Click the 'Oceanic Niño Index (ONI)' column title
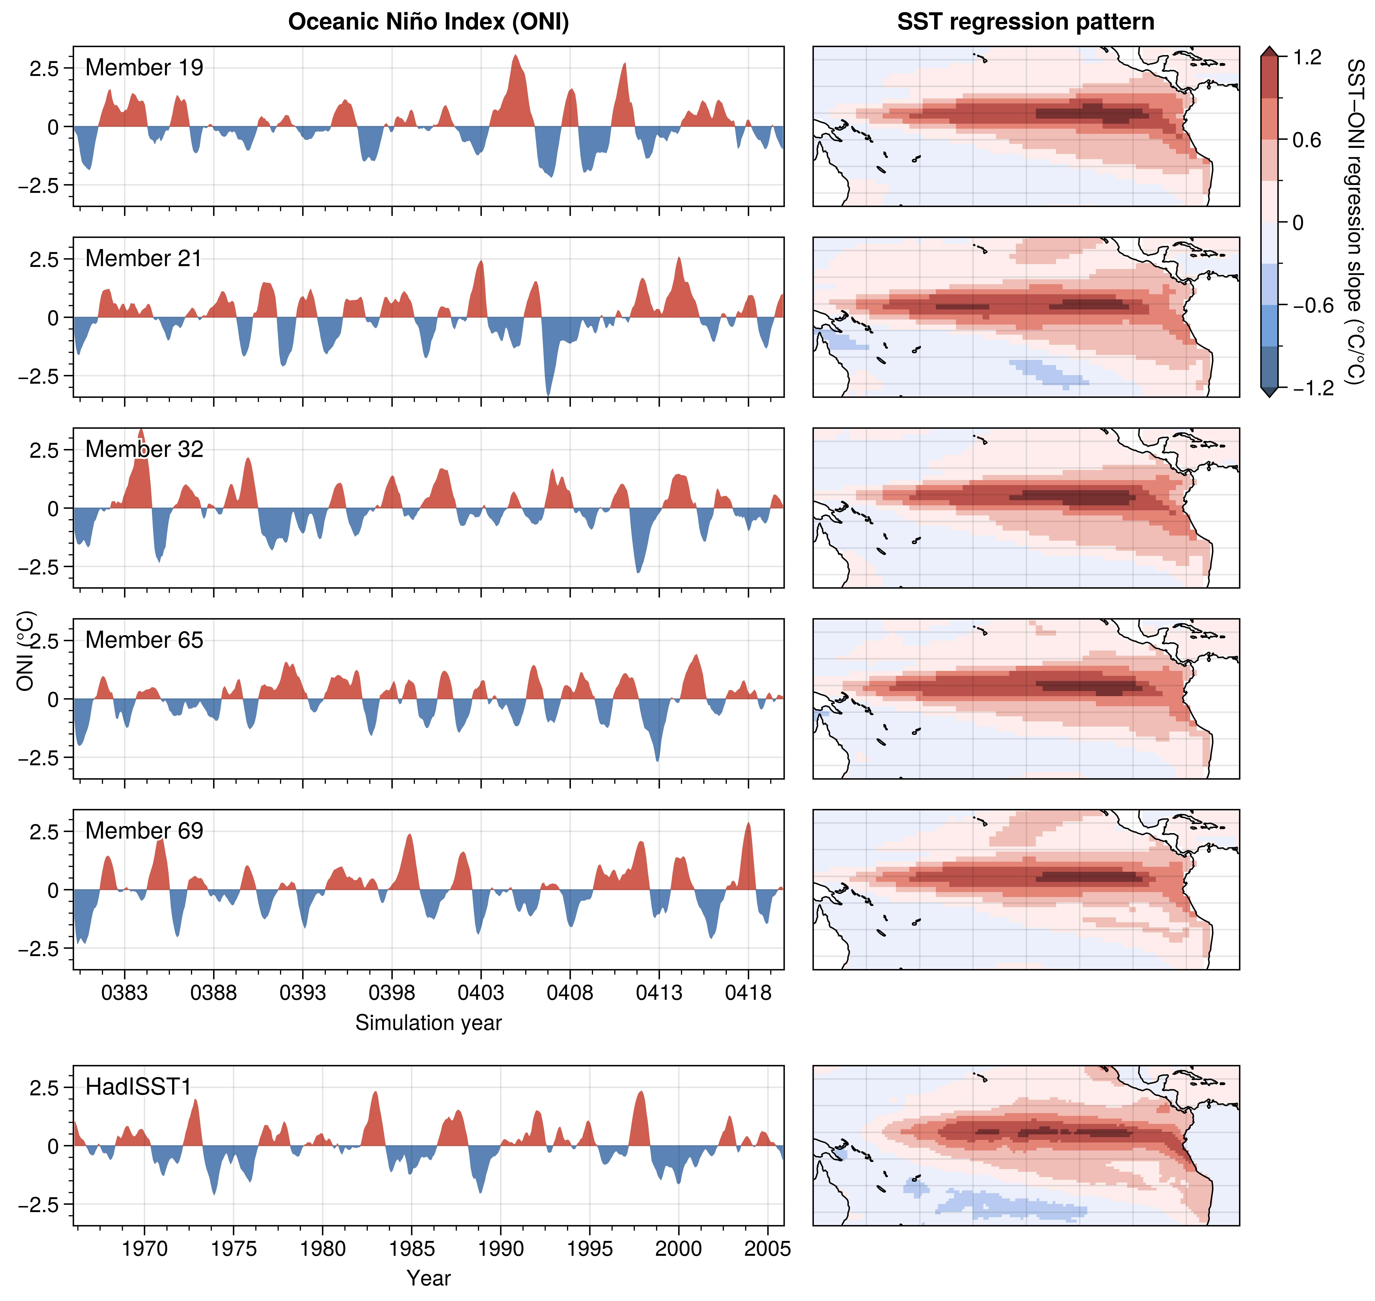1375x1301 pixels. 429,22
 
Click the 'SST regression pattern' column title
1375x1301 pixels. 1026,22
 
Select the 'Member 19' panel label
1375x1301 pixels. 144,68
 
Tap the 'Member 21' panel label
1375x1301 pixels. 143,259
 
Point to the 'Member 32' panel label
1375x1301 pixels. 144,449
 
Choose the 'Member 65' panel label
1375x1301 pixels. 144,640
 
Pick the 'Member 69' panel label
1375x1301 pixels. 144,831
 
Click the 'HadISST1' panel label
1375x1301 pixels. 138,1087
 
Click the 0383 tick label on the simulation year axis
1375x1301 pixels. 125,993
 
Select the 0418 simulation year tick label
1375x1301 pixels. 748,993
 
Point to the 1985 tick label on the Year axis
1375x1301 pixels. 412,1249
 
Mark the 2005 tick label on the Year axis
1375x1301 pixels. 768,1249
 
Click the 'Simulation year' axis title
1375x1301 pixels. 429,1023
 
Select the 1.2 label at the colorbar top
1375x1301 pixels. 1308,58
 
